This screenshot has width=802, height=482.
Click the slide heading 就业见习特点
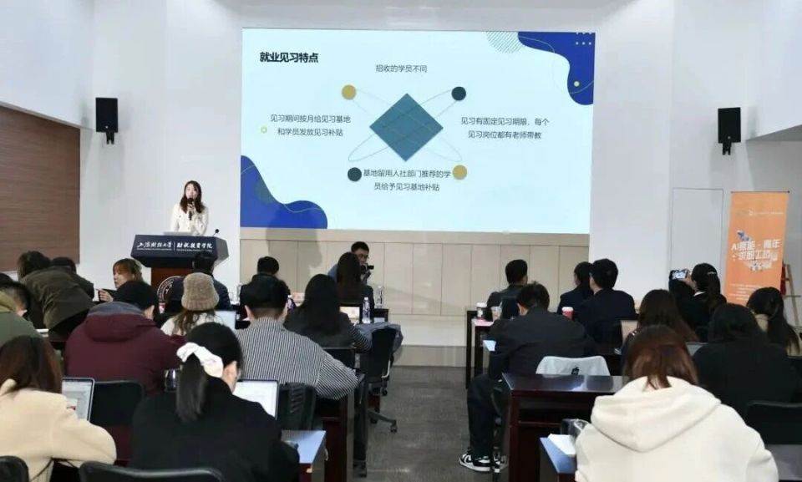(x=288, y=58)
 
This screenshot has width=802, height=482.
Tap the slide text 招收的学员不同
(x=401, y=68)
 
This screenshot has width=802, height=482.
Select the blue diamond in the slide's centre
(x=406, y=127)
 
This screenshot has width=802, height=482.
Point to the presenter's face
(x=191, y=193)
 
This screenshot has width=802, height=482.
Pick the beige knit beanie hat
(x=199, y=292)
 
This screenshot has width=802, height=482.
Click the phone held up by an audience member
(x=679, y=274)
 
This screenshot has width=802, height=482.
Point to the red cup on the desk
(x=567, y=312)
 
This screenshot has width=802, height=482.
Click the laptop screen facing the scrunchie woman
(x=257, y=394)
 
